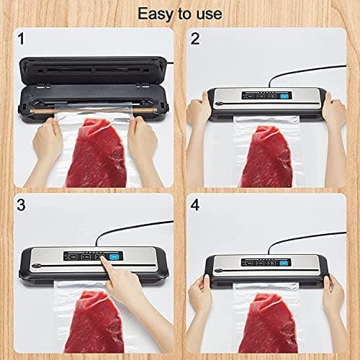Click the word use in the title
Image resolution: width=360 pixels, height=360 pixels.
207,14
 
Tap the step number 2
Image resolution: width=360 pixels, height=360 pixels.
194,39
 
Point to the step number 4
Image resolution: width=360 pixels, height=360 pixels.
194,205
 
